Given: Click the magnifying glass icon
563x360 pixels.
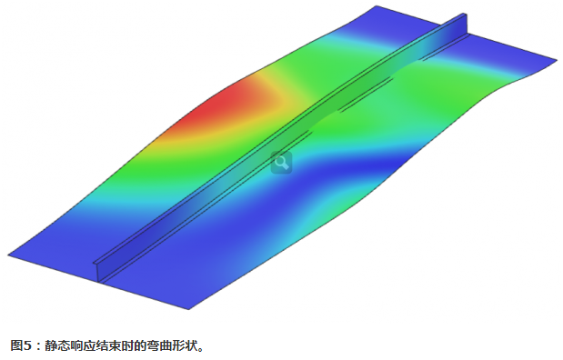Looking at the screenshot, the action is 281,163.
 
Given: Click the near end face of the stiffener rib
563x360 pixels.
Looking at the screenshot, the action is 97,269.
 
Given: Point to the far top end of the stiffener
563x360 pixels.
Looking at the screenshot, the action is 463,15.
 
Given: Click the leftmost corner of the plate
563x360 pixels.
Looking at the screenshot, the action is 8,255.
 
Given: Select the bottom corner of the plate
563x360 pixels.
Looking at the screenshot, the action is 189,309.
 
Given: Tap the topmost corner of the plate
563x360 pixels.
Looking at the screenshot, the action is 377,6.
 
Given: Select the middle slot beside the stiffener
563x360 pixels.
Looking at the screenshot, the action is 366,94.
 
